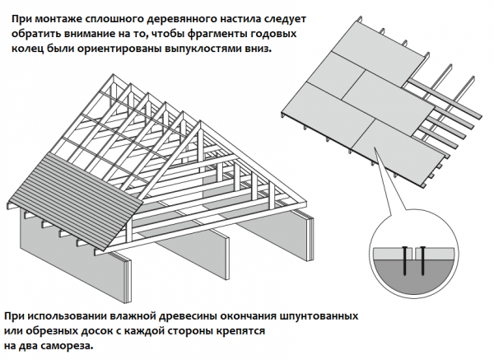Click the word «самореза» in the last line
(68, 346)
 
